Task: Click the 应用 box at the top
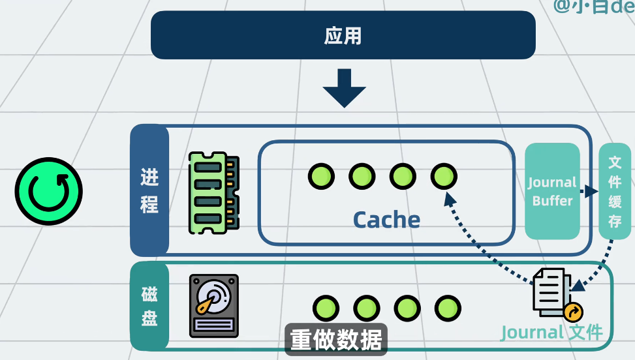343,35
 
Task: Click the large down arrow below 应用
344,88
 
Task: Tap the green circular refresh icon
49,191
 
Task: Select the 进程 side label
149,190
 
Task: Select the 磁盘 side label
149,306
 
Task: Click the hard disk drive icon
213,305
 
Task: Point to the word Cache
386,220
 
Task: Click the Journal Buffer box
552,191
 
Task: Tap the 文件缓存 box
614,191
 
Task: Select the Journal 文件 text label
551,332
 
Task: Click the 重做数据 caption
336,340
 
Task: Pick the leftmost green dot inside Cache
321,176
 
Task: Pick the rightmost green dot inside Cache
444,176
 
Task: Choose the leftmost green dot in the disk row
326,308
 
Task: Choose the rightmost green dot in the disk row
448,308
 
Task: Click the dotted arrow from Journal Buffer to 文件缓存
589,192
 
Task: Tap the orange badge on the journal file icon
573,312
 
